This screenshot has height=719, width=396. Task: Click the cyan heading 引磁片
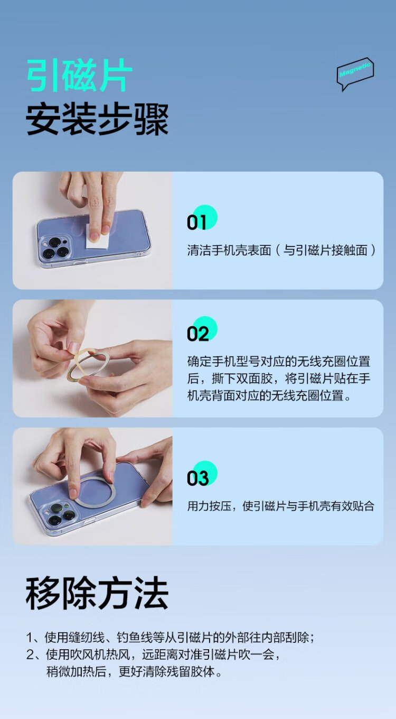tap(79, 76)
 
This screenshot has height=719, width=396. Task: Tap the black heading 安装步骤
tap(97, 119)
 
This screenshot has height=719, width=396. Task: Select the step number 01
tap(196, 222)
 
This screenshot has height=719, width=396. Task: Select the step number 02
tap(198, 334)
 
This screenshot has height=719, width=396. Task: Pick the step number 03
tap(198, 478)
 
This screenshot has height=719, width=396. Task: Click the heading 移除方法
tap(97, 593)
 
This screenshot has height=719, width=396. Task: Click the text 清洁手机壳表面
tap(229, 250)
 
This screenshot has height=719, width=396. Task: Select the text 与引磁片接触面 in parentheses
tap(325, 250)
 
